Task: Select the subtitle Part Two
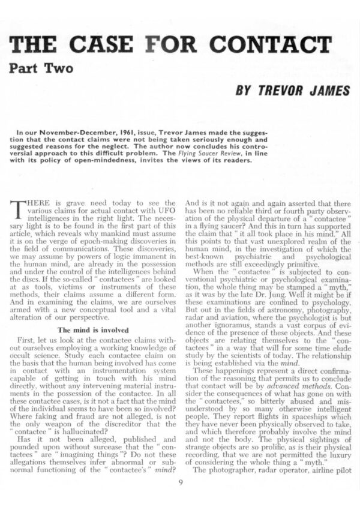click(41, 68)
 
